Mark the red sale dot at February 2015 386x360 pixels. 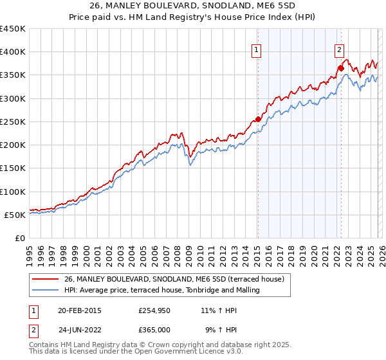tap(258, 119)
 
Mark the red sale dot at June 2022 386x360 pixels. tap(341, 67)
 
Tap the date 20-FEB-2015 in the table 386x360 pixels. tap(79, 310)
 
